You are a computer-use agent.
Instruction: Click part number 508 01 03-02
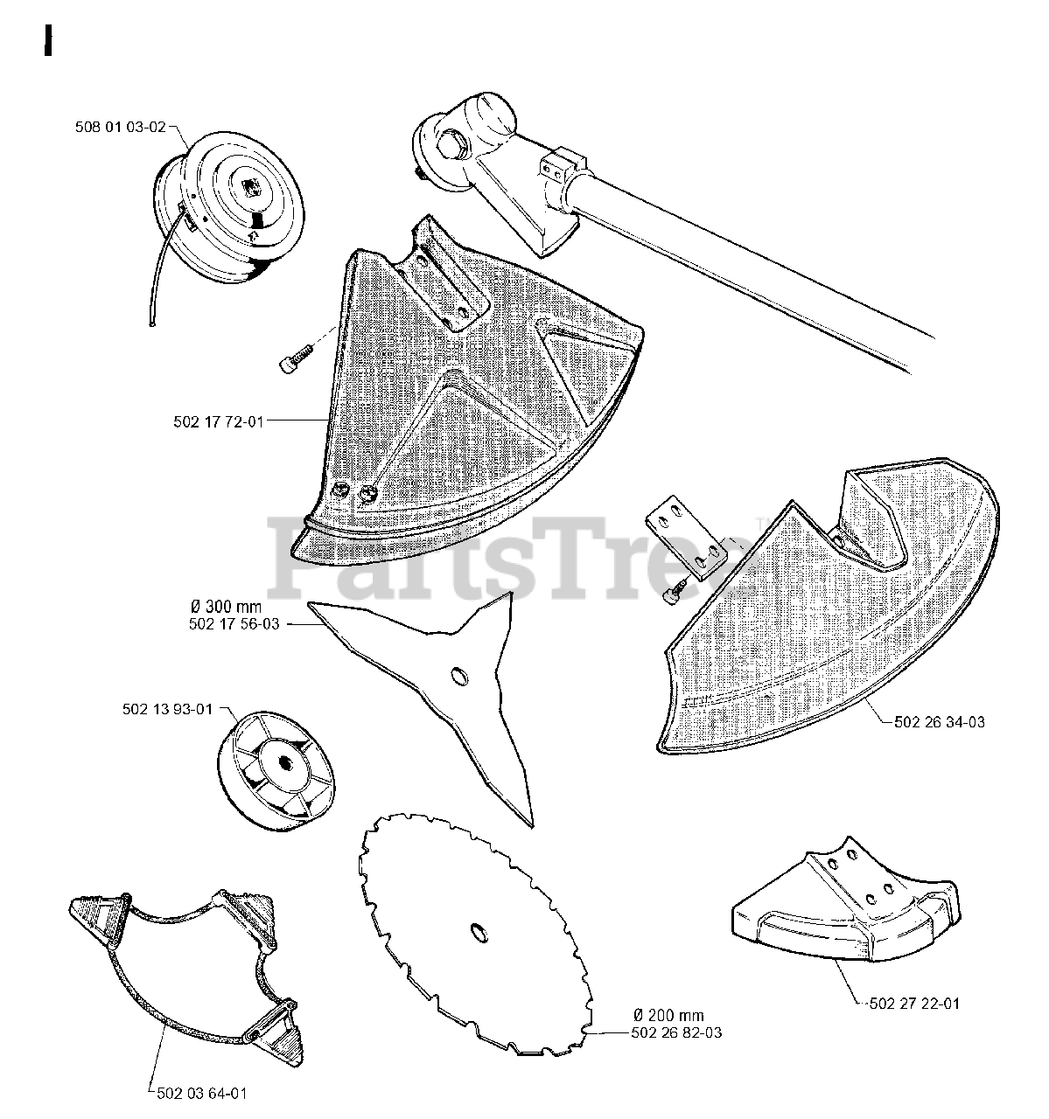pos(121,128)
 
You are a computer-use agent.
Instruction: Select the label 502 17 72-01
pos(219,422)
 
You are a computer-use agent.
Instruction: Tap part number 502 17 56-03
pos(234,624)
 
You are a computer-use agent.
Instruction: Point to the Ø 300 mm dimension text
pos(226,607)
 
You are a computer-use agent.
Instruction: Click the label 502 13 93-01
pos(167,709)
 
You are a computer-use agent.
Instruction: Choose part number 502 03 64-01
pos(202,1094)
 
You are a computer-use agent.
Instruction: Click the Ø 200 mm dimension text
pos(669,1015)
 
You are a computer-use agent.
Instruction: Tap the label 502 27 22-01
pos(914,1004)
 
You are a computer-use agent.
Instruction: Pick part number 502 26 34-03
pos(940,722)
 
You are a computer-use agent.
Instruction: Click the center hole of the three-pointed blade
pos(459,676)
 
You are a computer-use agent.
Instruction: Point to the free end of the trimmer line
pos(152,324)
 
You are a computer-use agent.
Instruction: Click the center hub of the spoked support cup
pos(283,763)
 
